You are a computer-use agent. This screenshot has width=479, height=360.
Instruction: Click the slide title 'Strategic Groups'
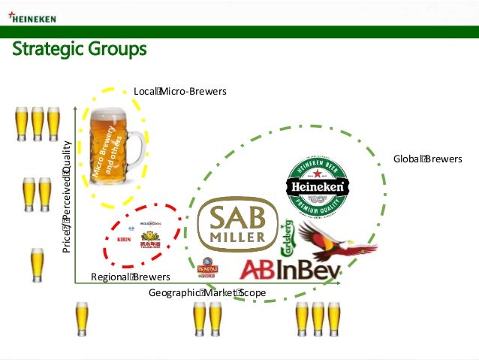[x=79, y=50]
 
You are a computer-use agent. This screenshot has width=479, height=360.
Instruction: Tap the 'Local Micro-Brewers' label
[x=179, y=92]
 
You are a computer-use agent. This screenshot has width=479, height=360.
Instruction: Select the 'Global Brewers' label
[x=428, y=159]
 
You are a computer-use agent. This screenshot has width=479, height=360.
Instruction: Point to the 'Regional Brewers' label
[x=130, y=277]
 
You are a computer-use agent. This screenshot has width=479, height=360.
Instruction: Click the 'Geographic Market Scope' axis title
[x=207, y=292]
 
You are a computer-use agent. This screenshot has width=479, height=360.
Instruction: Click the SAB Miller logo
[x=236, y=225]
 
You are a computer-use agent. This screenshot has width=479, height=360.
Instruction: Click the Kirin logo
[x=125, y=240]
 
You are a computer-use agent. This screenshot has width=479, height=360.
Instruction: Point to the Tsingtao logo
[x=206, y=268]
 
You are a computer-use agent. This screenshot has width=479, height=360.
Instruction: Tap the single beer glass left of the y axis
[x=37, y=265]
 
